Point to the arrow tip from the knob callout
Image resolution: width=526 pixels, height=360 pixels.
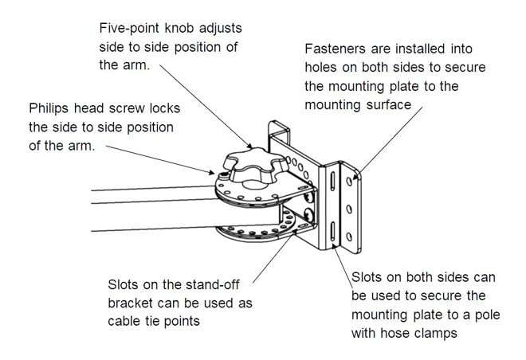[x=253, y=149]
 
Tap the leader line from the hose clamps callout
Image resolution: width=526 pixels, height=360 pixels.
[x=345, y=260]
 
